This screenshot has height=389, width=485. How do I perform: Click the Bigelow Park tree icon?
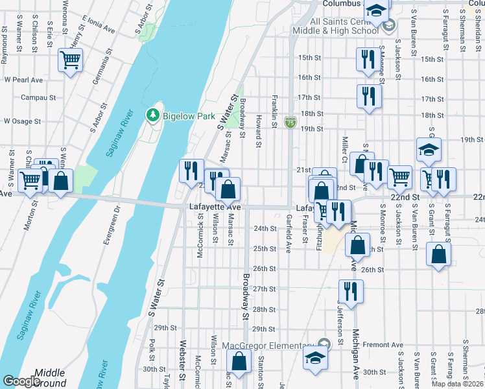153,115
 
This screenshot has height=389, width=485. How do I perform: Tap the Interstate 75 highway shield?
291,121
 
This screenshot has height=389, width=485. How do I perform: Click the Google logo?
21,382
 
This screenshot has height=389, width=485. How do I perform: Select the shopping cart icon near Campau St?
70,61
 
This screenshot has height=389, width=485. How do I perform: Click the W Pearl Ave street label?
23,80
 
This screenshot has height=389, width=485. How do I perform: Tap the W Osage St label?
22,121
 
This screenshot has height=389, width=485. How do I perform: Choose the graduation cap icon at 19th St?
429,150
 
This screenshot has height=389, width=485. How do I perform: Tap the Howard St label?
258,131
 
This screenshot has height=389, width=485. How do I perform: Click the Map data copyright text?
457,384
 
